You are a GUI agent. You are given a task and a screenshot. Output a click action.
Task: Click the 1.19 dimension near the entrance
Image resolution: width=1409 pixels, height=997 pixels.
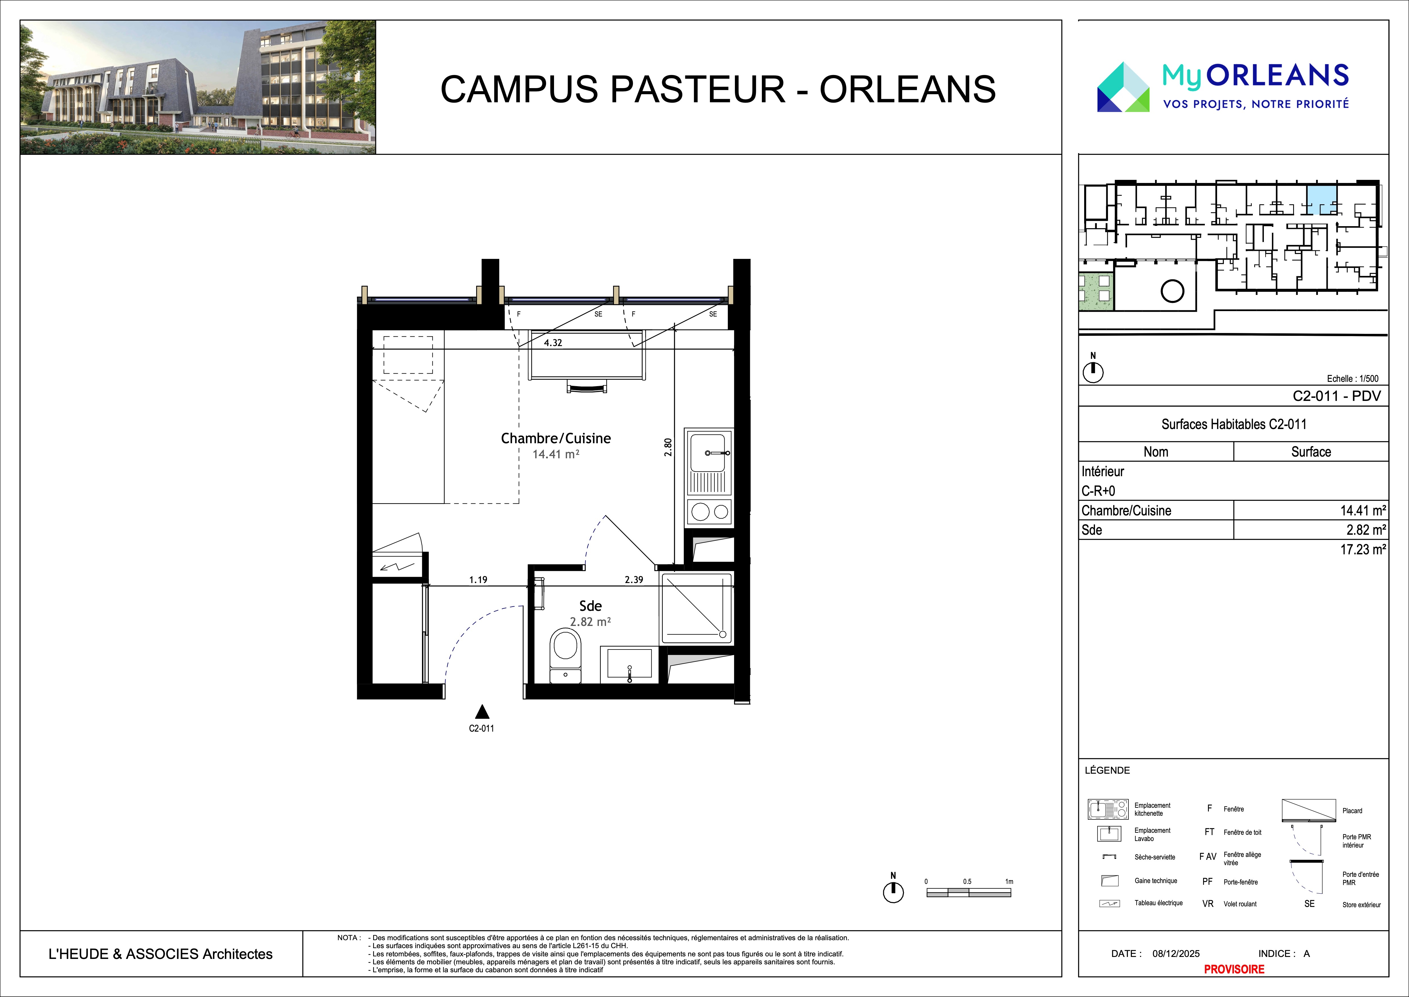point(478,580)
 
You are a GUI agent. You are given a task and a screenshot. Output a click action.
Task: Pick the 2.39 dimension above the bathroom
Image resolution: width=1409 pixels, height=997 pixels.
point(634,580)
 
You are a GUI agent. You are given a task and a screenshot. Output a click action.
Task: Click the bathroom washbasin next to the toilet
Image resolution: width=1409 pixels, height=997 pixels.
point(629,664)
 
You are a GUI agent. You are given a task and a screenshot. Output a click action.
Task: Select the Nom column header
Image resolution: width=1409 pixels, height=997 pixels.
point(1155,452)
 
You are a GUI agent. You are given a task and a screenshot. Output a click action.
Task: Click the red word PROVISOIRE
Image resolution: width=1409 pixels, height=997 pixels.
point(1234,969)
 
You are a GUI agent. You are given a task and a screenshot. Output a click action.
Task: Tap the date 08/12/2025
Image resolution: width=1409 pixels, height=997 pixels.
point(1176,954)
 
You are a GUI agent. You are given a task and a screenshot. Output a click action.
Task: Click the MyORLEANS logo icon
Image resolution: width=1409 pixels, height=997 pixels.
point(1123,87)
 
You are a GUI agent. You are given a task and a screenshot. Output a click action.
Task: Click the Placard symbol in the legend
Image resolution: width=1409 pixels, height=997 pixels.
point(1309,810)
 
